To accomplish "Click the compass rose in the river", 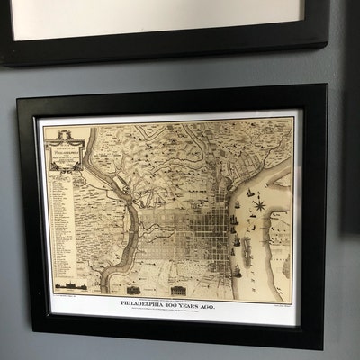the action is (259, 206).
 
